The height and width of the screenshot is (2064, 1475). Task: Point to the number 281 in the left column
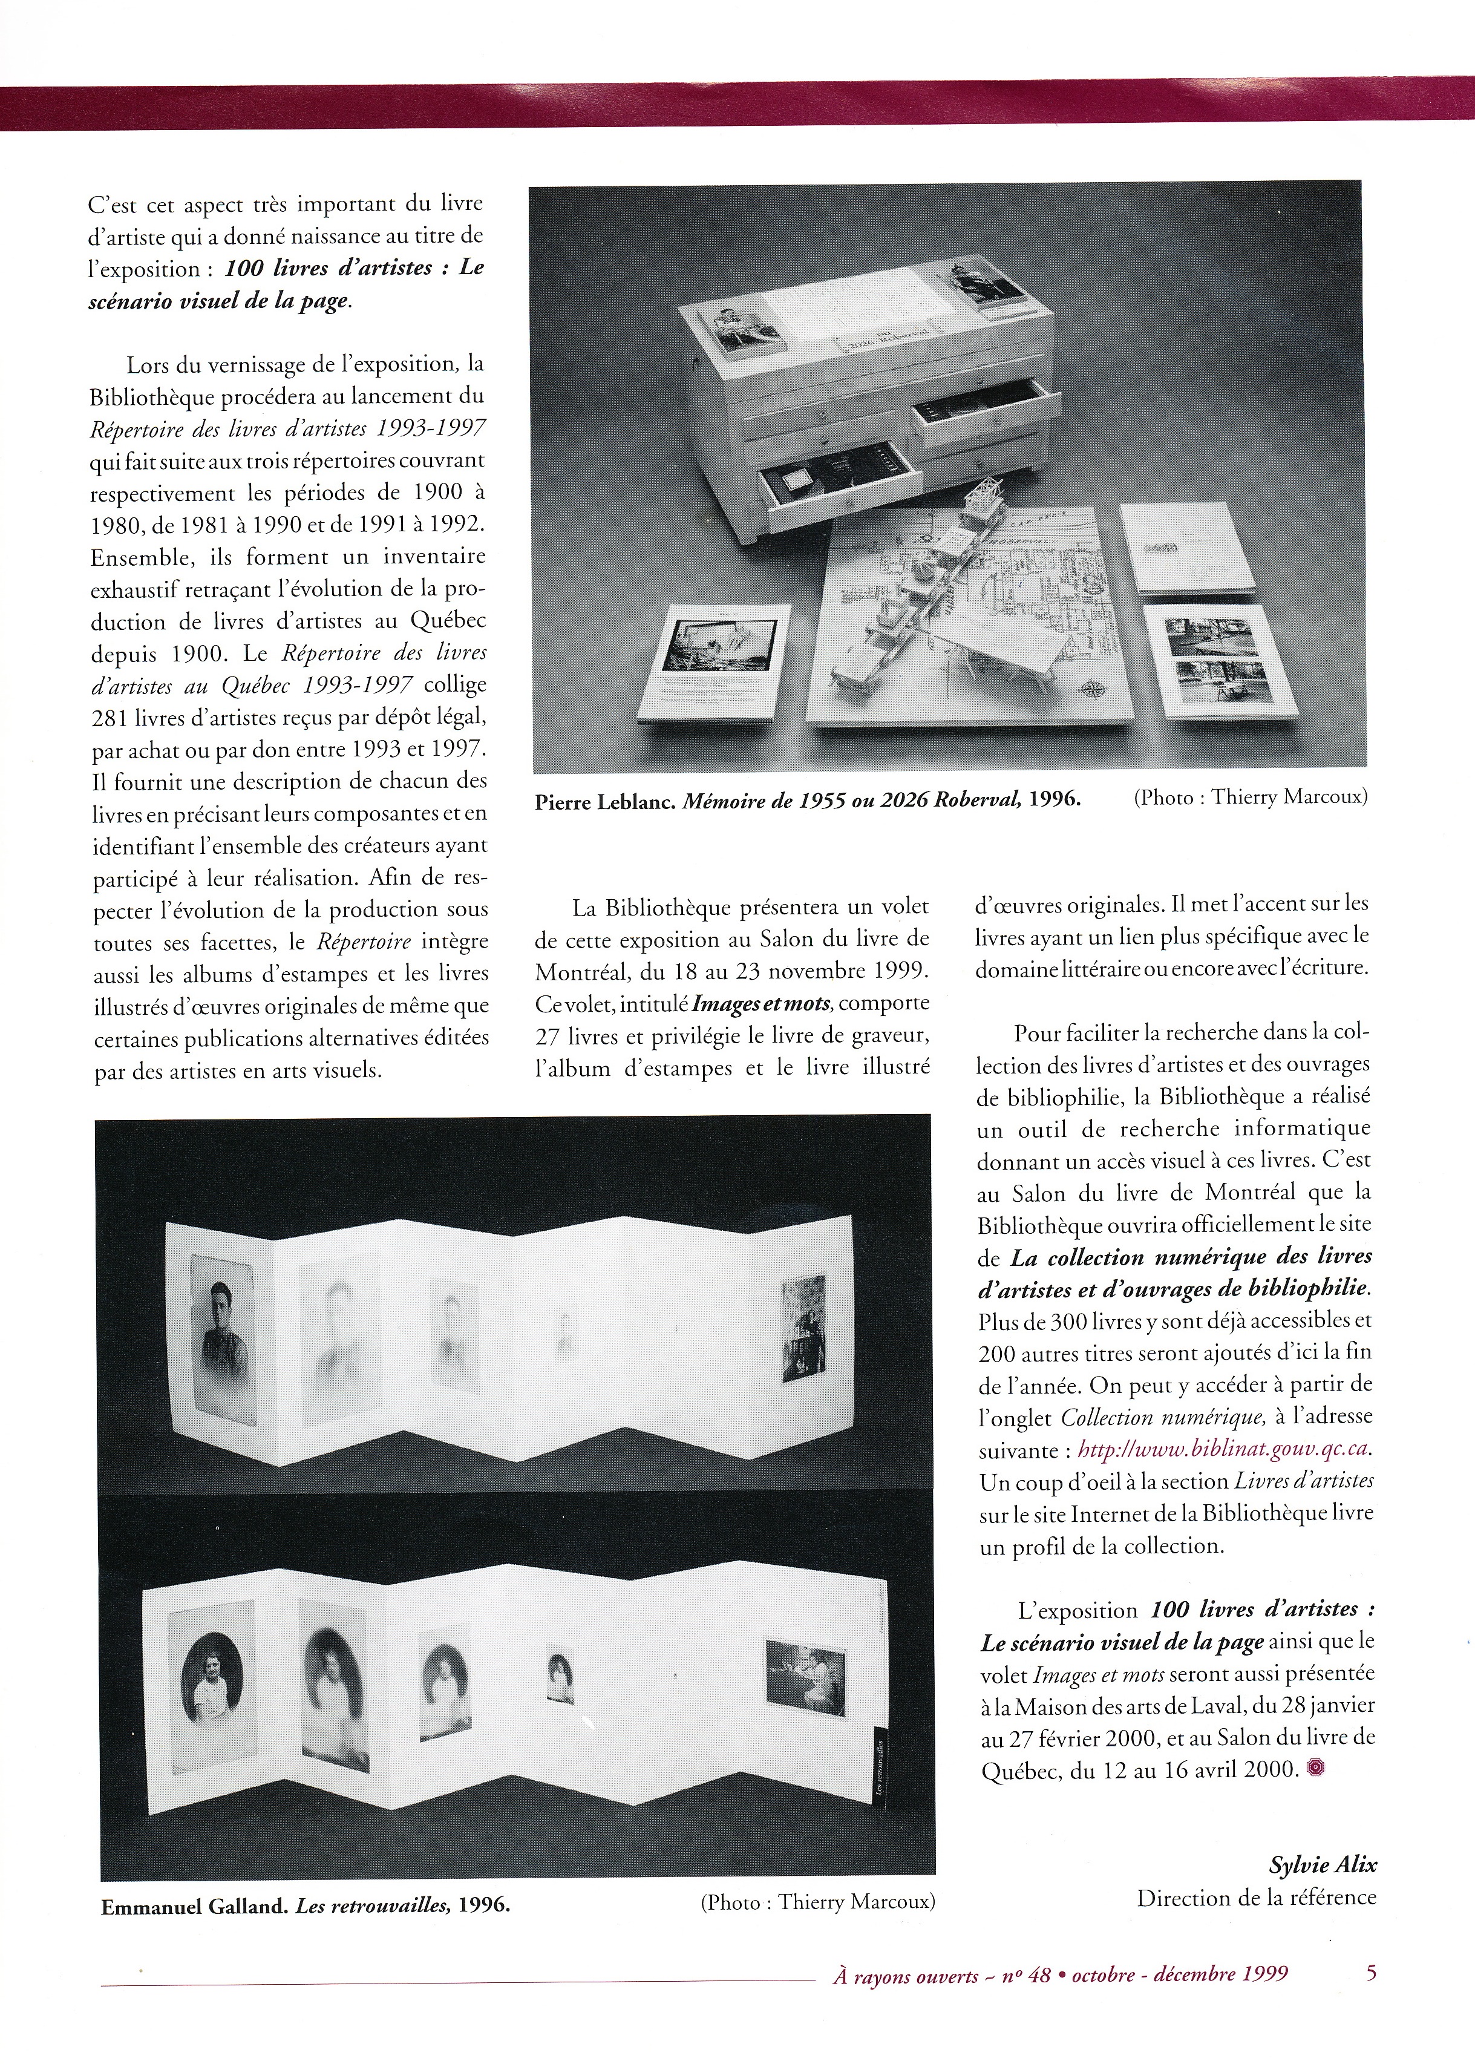coord(113,717)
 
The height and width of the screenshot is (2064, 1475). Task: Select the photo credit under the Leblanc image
coord(1250,798)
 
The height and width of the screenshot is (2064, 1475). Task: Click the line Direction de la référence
coord(1256,1898)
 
